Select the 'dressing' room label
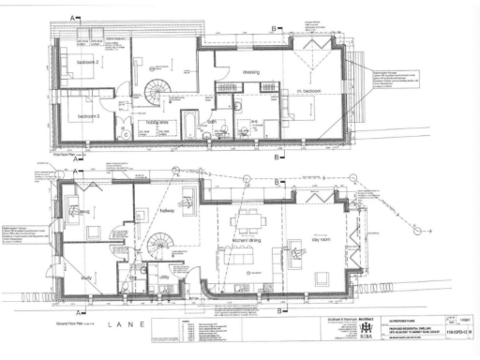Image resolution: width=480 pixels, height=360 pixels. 249,71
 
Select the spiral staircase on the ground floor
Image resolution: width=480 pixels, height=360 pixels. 162,246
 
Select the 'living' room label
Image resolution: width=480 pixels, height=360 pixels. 82,213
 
